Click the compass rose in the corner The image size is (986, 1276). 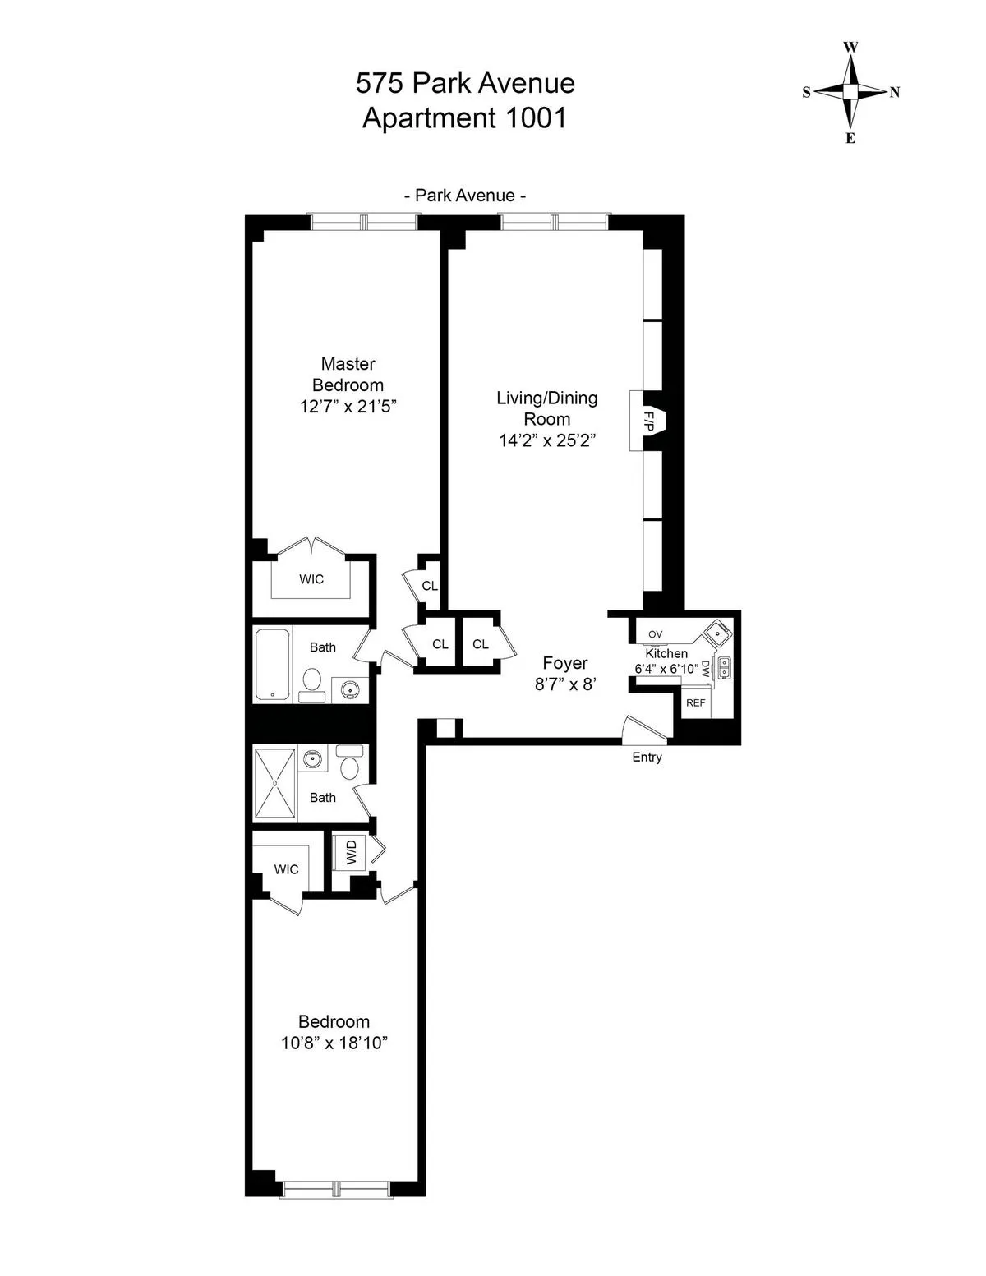pyautogui.click(x=850, y=92)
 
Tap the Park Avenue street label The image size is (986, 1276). pyautogui.click(x=465, y=196)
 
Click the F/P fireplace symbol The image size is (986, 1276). pyautogui.click(x=649, y=421)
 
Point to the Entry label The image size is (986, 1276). pyautogui.click(x=647, y=758)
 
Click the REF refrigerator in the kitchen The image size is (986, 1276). pyautogui.click(x=695, y=703)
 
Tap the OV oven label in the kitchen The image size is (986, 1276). pyautogui.click(x=655, y=634)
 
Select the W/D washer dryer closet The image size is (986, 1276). pyautogui.click(x=352, y=853)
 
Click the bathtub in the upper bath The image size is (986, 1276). pyautogui.click(x=272, y=665)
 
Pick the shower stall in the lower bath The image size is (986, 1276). pyautogui.click(x=275, y=782)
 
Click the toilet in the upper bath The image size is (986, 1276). pyautogui.click(x=312, y=682)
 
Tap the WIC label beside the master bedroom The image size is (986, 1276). pyautogui.click(x=311, y=579)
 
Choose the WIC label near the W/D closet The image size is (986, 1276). pyautogui.click(x=286, y=869)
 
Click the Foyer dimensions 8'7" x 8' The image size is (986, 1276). pyautogui.click(x=565, y=684)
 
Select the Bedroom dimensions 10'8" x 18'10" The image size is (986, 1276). pyautogui.click(x=334, y=1043)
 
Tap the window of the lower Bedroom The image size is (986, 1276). pyautogui.click(x=334, y=1189)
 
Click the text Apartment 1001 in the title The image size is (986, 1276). pyautogui.click(x=465, y=118)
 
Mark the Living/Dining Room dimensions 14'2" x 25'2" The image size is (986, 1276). pyautogui.click(x=546, y=440)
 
